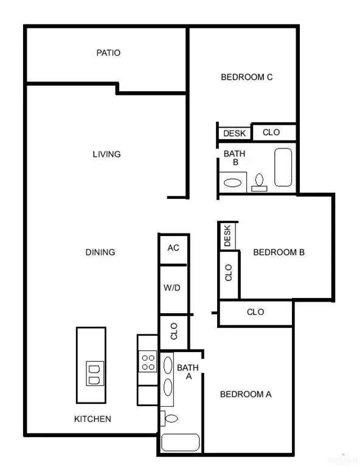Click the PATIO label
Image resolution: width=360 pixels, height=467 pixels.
pos(108,53)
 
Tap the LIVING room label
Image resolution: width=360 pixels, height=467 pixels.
pos(106,154)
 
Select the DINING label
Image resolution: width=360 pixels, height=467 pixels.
pos(100,252)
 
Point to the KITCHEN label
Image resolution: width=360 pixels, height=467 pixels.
pos(92,419)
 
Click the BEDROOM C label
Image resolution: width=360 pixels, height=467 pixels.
pos(246,77)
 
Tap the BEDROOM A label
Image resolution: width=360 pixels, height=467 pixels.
pos(245,394)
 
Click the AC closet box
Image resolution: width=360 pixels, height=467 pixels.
pos(173,248)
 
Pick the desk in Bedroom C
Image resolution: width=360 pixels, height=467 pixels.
pos(234,133)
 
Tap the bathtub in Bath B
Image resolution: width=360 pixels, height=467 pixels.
pos(283,167)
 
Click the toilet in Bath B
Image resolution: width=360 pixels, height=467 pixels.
pos(259,182)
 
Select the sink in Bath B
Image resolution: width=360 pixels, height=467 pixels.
pos(232,182)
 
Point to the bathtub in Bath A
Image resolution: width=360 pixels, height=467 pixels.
pos(180,443)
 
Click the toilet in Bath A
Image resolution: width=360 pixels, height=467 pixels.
pos(170,418)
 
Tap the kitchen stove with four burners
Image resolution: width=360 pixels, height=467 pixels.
pos(148,362)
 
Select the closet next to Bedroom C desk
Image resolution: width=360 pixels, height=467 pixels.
pos(271,133)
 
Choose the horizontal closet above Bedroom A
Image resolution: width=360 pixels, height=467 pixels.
pos(255,312)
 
